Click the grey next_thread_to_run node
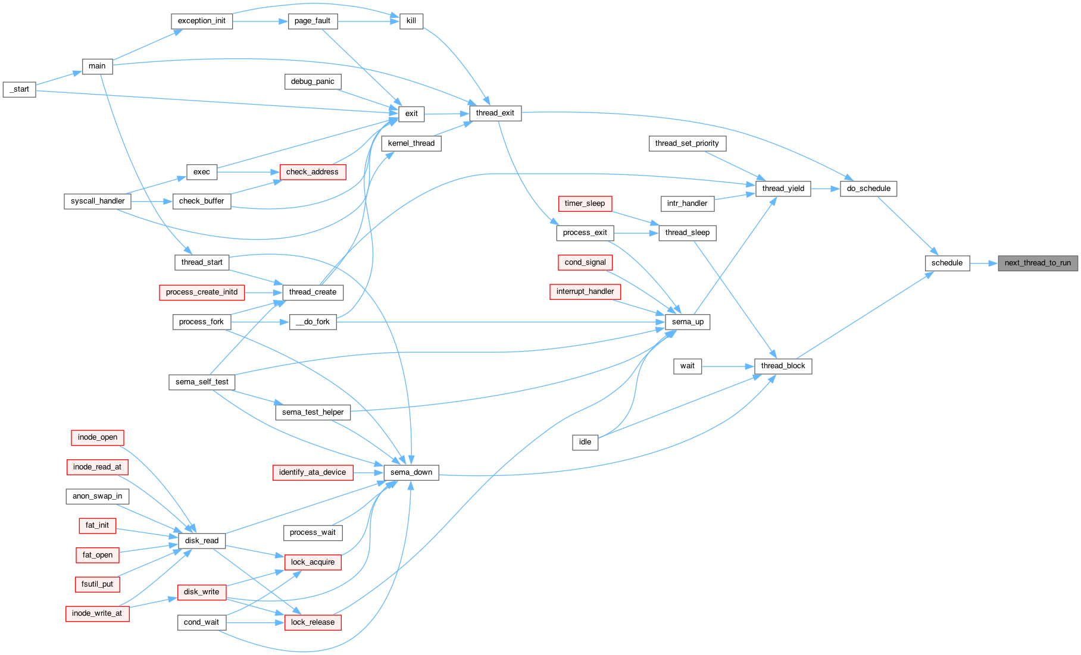1038,263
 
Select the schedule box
947,263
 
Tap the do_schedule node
868,189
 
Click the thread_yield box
783,189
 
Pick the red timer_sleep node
585,203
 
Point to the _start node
20,89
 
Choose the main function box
97,66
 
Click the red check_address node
313,172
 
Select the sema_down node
411,472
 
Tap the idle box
585,442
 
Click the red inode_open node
98,437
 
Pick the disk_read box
202,541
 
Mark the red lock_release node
313,622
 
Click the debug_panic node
313,82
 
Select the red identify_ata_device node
313,472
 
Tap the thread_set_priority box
687,143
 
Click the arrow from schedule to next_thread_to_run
984,263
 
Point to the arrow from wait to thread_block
728,366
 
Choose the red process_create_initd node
202,292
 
